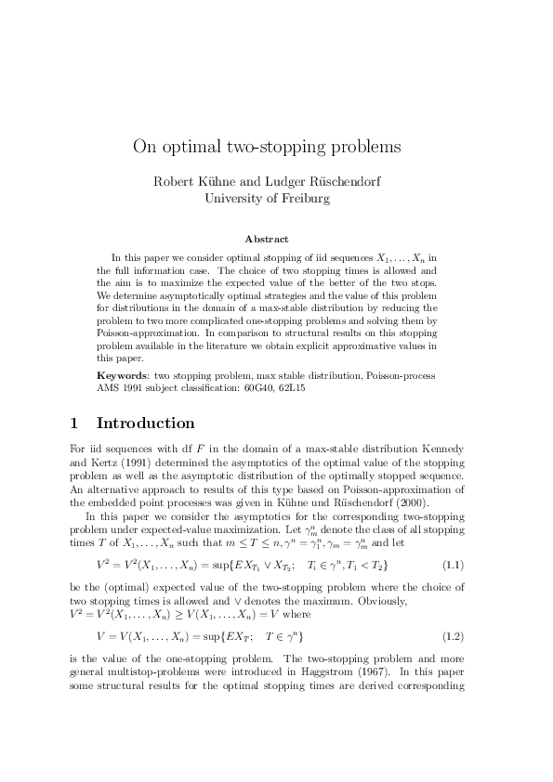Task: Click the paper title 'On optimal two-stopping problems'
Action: pos(267,146)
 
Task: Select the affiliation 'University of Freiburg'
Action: pos(267,197)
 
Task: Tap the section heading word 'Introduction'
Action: pos(146,424)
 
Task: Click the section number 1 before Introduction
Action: pos(74,424)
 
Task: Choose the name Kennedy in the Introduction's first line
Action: pos(441,450)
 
